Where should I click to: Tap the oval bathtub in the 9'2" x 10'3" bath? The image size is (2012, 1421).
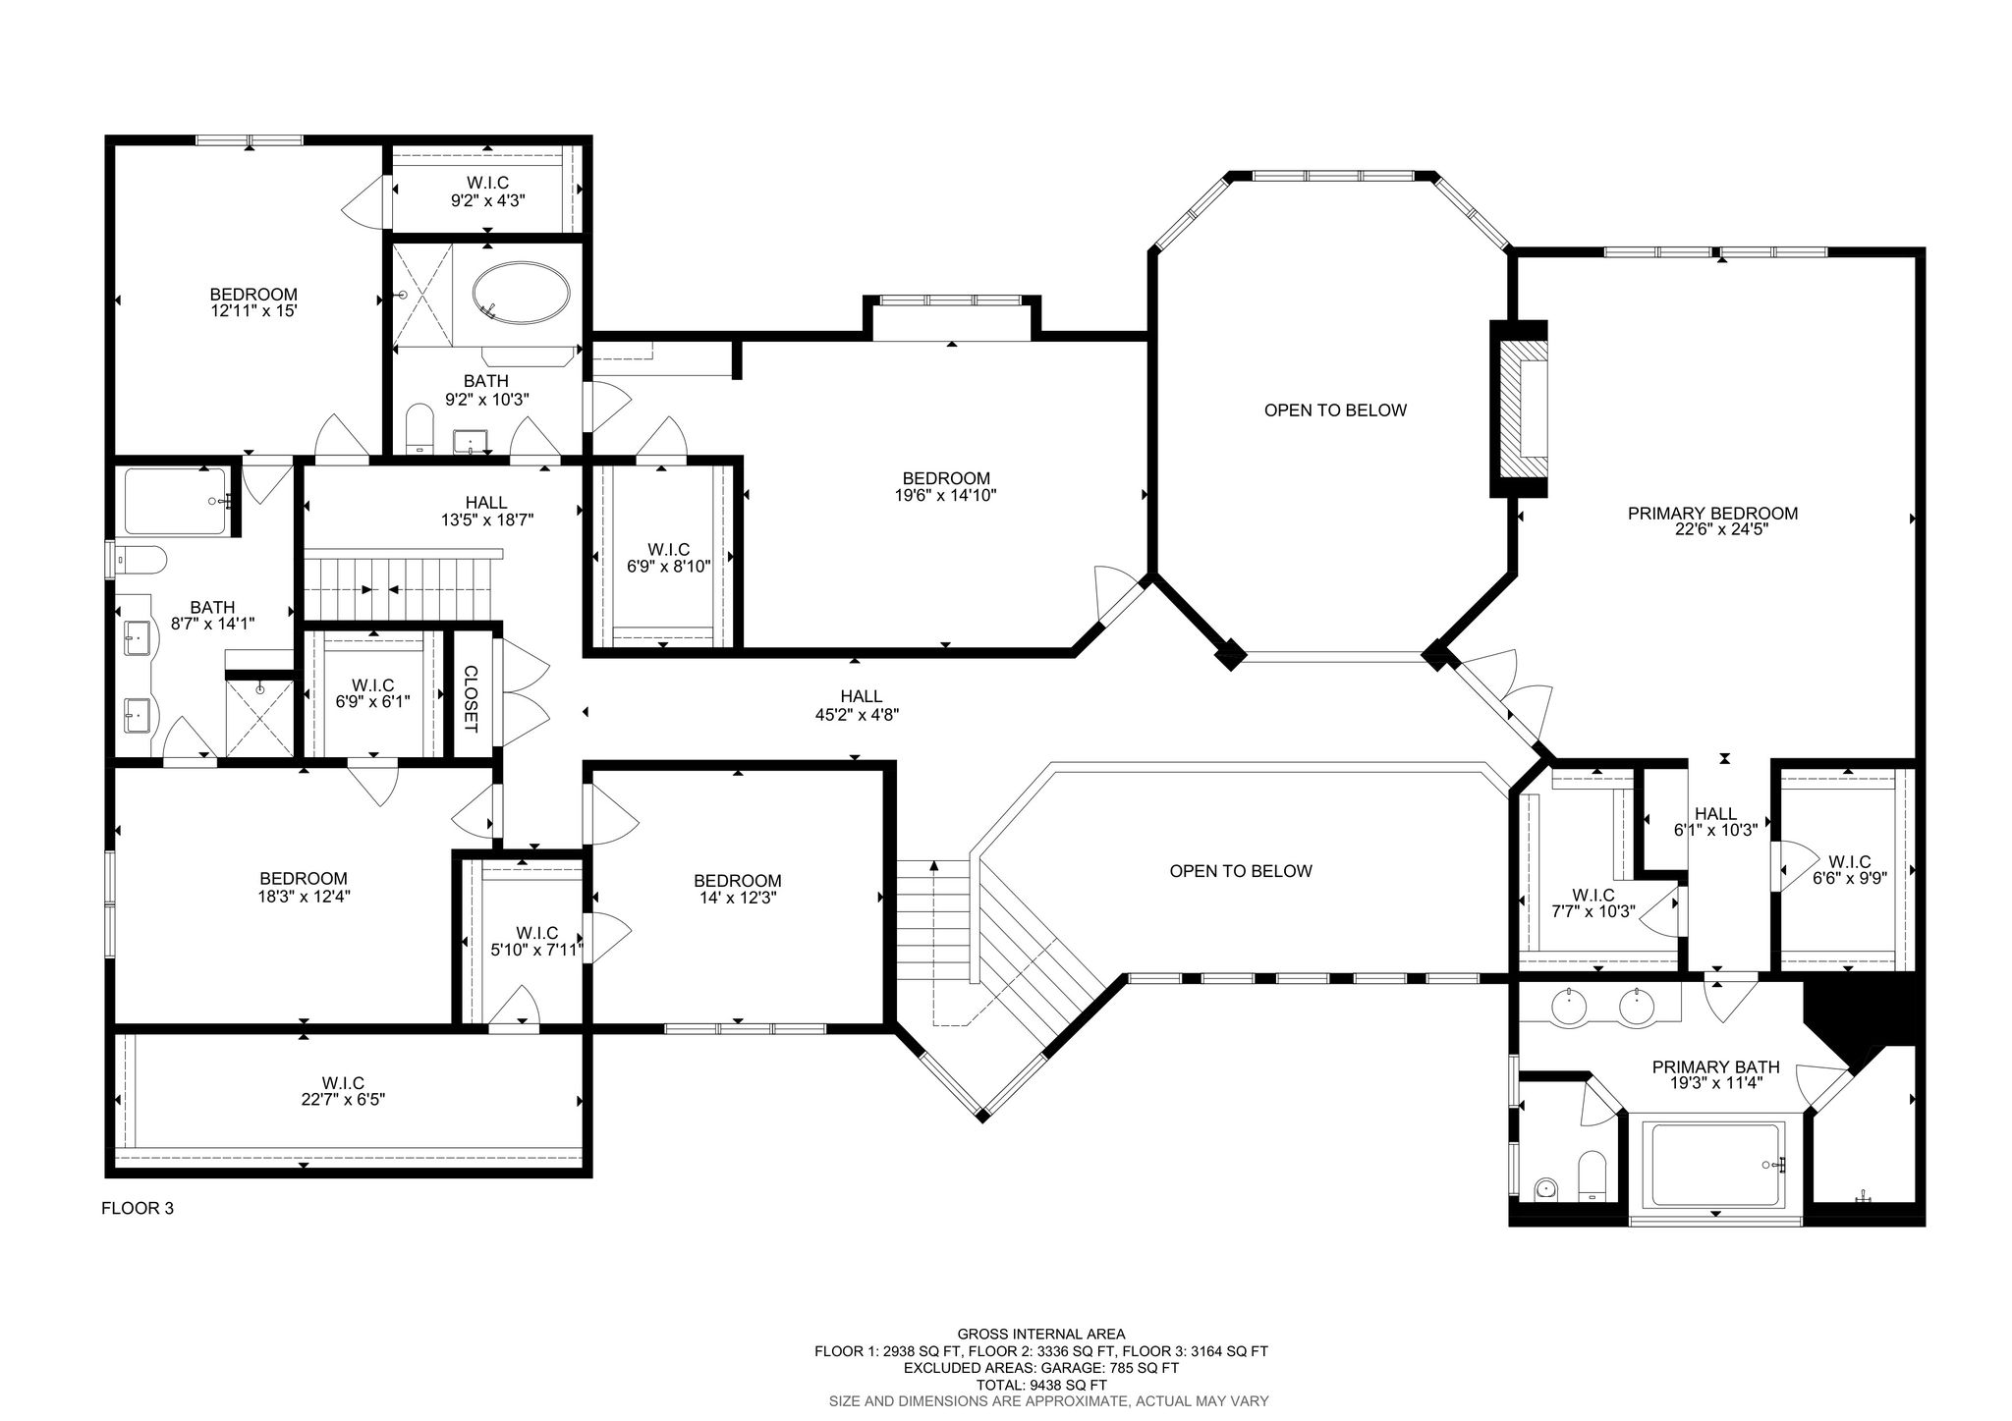(x=521, y=292)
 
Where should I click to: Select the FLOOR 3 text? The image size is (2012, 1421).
(x=138, y=1208)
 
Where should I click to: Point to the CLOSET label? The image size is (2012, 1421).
(x=470, y=699)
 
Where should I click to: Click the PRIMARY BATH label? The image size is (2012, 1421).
(x=1715, y=1067)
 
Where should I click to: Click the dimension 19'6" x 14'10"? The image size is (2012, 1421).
(x=939, y=496)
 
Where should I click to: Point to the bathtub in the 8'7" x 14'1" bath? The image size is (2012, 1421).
(x=177, y=501)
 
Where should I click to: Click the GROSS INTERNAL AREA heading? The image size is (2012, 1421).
(x=1041, y=1334)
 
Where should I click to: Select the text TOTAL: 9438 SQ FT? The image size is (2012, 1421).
(x=1041, y=1384)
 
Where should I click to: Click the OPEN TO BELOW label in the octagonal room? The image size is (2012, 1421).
(x=1335, y=410)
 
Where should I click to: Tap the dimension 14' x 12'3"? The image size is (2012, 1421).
(x=737, y=898)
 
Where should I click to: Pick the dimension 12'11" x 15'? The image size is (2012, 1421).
(x=253, y=310)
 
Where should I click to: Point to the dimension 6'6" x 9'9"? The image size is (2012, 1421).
(x=1850, y=879)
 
